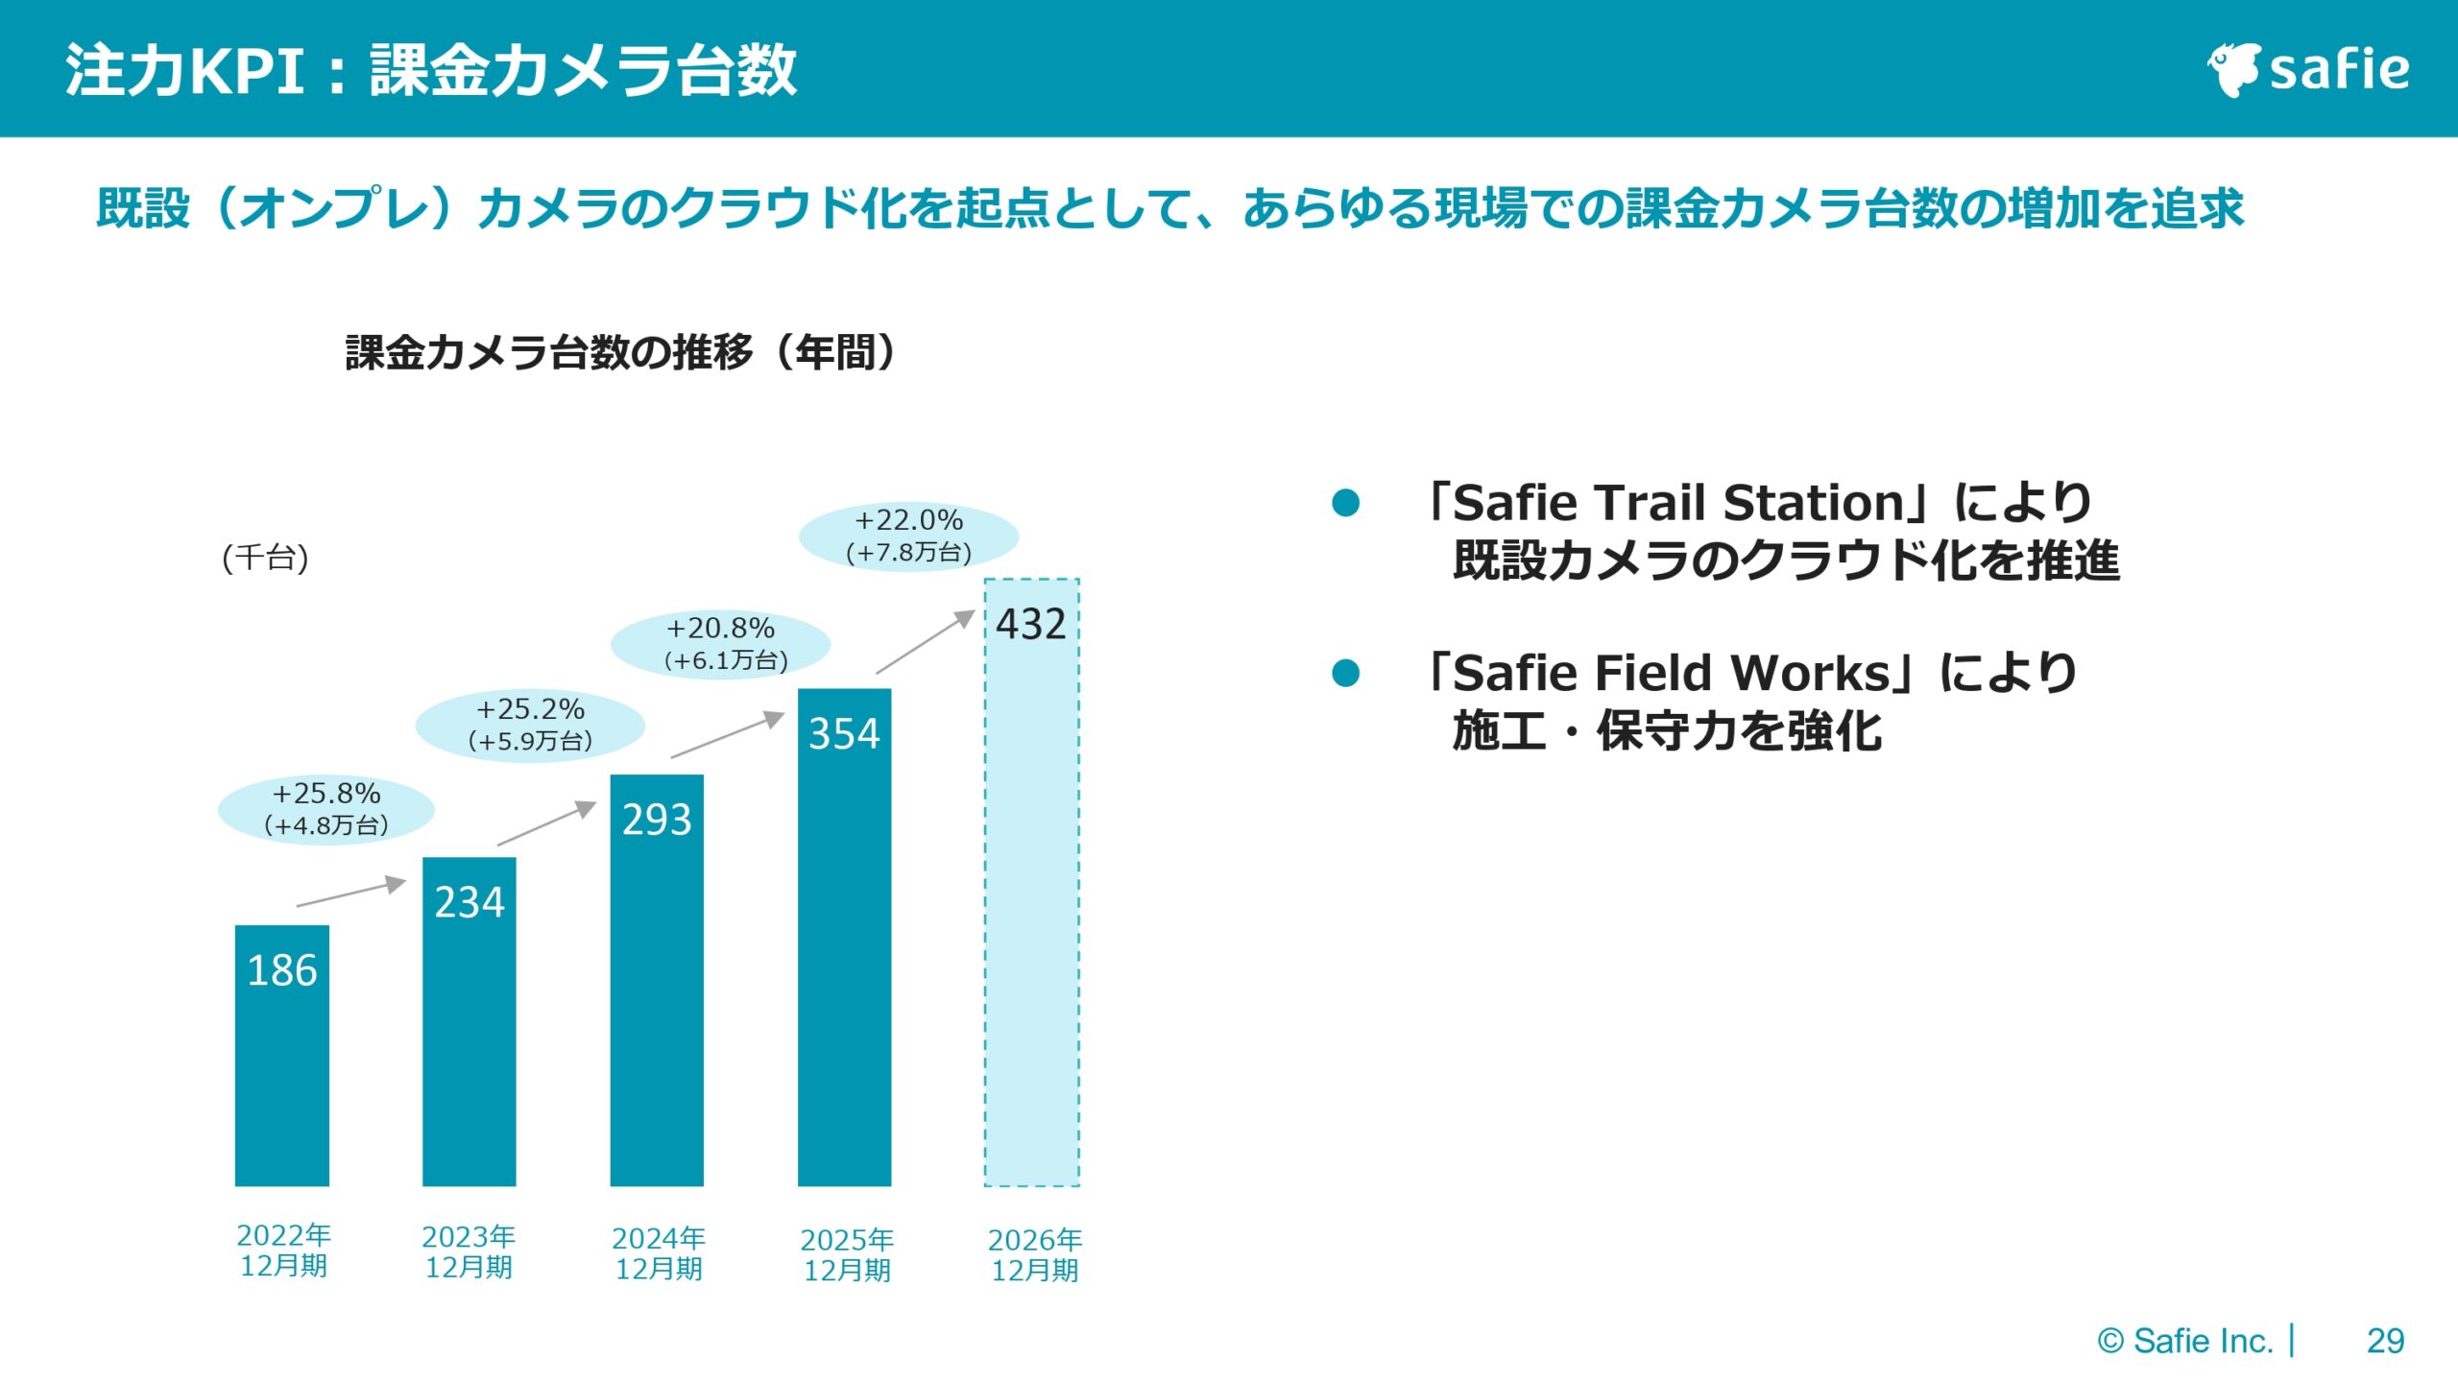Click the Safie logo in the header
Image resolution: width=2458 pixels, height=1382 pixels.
[2308, 69]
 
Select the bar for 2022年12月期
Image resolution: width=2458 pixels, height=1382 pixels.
[282, 1056]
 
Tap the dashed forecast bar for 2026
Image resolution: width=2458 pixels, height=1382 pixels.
[1032, 883]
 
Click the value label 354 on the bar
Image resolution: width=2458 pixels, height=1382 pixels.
[844, 734]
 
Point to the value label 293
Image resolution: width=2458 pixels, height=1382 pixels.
[657, 820]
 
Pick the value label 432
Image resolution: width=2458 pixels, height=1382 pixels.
[1031, 625]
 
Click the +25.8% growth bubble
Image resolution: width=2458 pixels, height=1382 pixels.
[326, 809]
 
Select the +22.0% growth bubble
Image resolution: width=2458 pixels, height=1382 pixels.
[908, 536]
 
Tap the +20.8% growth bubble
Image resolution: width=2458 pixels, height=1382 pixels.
[720, 644]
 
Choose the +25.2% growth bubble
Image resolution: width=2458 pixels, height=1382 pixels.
[530, 726]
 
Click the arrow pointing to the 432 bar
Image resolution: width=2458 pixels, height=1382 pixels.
[926, 641]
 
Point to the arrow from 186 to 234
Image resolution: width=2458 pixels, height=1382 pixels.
[351, 891]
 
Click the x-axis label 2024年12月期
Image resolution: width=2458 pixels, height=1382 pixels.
[659, 1253]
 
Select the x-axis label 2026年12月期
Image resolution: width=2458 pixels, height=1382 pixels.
[1035, 1254]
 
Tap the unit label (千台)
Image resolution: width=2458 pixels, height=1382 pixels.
[265, 558]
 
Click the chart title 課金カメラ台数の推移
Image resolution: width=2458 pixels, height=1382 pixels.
[549, 352]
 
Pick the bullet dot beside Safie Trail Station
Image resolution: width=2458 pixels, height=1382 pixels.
[1346, 502]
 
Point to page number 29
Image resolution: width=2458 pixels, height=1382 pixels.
[2386, 1341]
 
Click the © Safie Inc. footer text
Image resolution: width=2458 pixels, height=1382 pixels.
[2185, 1341]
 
